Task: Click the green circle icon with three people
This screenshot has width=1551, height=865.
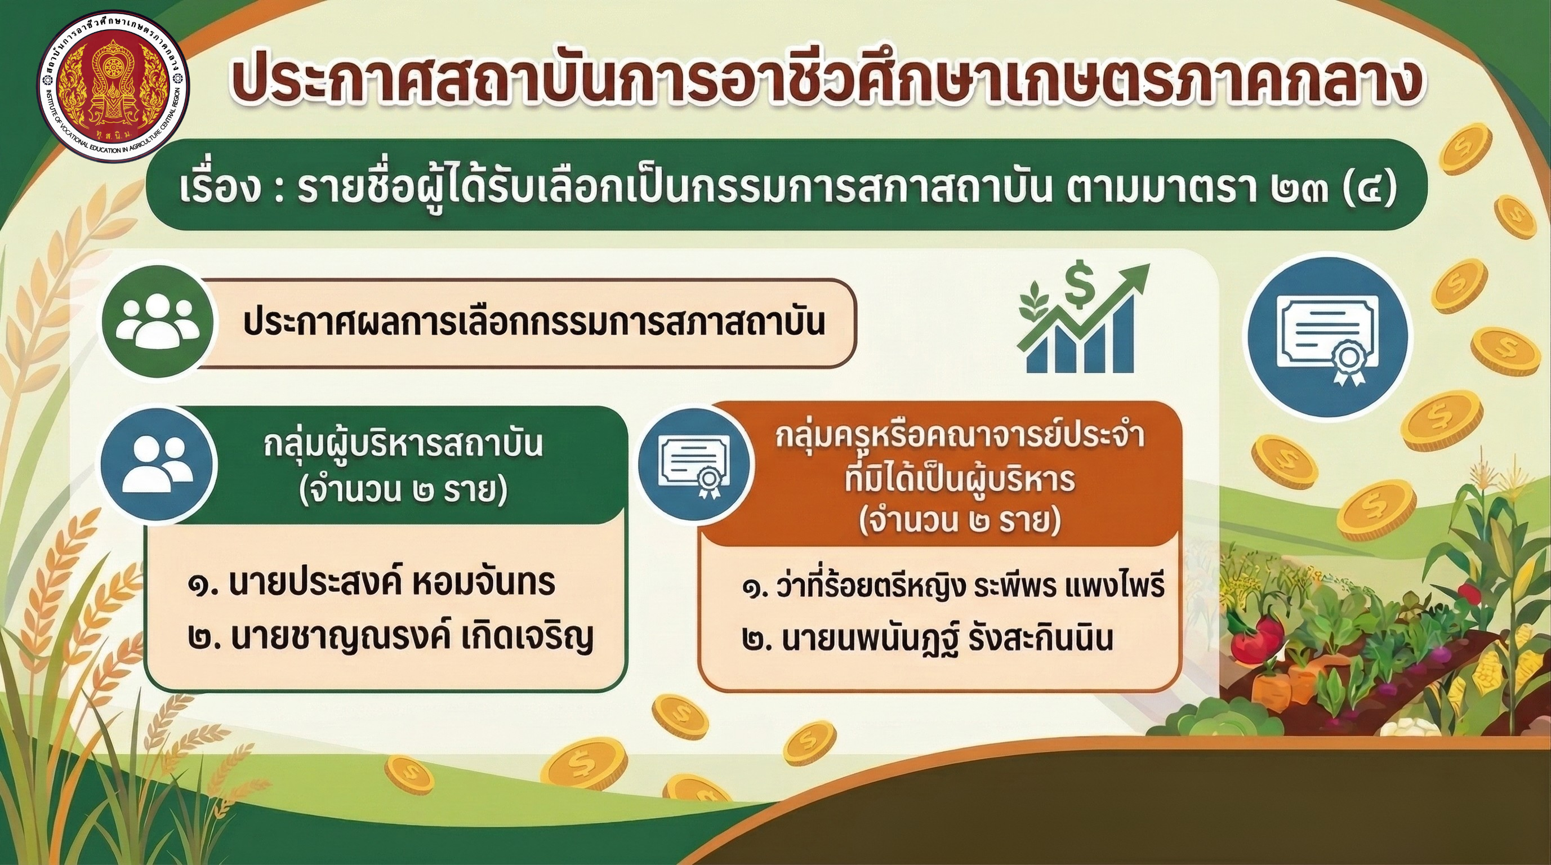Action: (156, 322)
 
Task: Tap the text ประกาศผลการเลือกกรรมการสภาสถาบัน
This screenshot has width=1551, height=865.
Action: (533, 323)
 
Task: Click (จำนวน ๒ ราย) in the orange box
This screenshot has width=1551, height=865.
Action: (960, 521)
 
